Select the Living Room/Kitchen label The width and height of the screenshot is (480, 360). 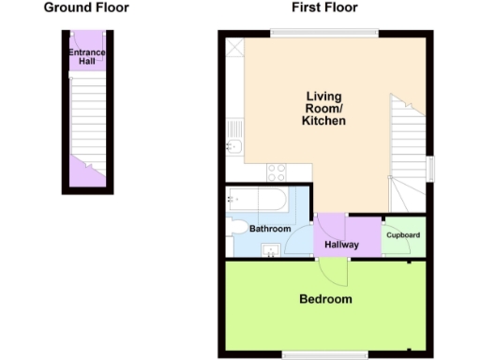pyautogui.click(x=325, y=109)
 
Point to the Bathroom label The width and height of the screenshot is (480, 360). pyautogui.click(x=270, y=229)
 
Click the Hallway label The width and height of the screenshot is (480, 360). pyautogui.click(x=341, y=245)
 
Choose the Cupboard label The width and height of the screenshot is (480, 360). pyautogui.click(x=402, y=235)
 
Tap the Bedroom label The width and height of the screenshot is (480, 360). pyautogui.click(x=325, y=300)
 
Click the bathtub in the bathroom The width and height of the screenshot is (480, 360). pyautogui.click(x=256, y=199)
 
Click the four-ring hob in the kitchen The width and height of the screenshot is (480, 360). pyautogui.click(x=277, y=172)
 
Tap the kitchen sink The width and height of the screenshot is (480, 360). pyautogui.click(x=232, y=146)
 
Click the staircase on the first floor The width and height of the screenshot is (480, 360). pyautogui.click(x=409, y=150)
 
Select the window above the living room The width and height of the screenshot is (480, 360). pyautogui.click(x=324, y=34)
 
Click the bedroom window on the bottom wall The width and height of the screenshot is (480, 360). pyautogui.click(x=324, y=354)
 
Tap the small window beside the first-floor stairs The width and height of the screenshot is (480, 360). pyautogui.click(x=431, y=168)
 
